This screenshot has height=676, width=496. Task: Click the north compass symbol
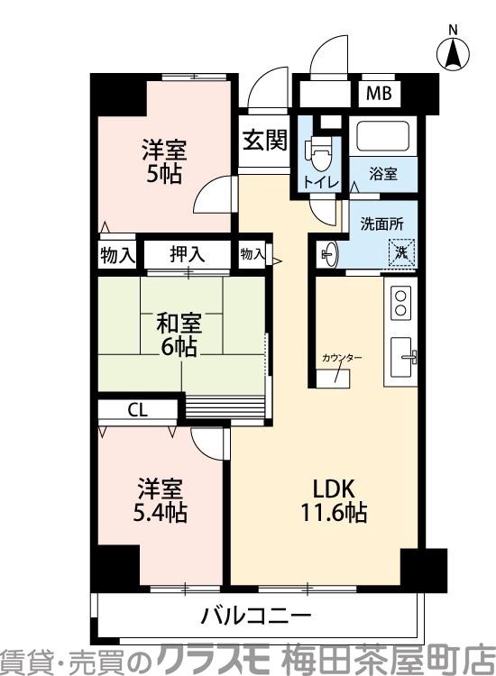pos(453,51)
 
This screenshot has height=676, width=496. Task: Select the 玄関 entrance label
pos(263,140)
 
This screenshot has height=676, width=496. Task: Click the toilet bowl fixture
pos(317,151)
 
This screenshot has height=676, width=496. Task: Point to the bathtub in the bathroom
pos(382,136)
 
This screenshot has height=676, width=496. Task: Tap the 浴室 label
pos(383,175)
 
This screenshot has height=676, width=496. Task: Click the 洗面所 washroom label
pos(381,223)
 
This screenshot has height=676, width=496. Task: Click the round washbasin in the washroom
pos(328,253)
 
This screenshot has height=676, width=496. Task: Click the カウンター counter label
pos(342,359)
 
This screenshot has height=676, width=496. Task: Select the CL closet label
pos(137,410)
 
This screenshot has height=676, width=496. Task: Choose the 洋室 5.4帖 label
pos(161,501)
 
